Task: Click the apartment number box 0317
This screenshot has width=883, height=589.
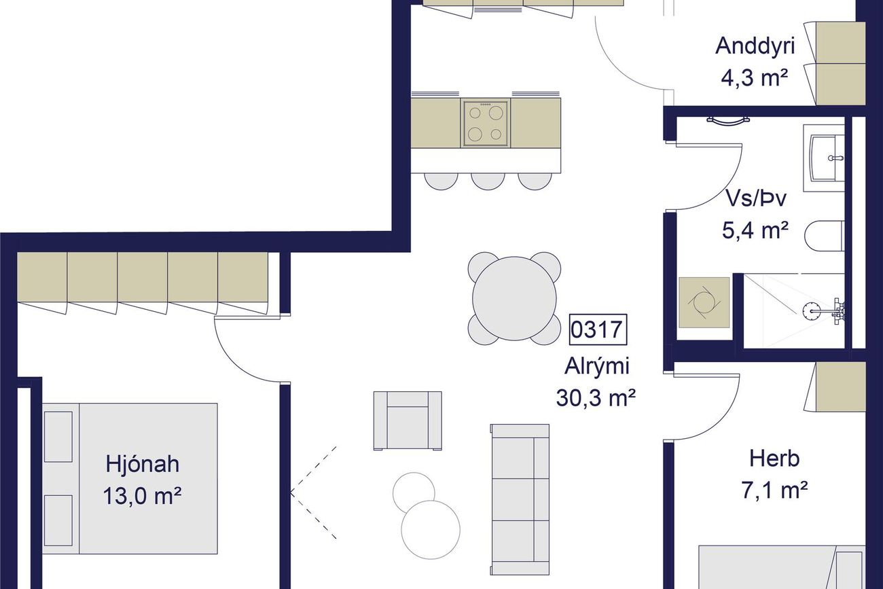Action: point(598,329)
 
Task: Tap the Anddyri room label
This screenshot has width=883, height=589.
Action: point(755,46)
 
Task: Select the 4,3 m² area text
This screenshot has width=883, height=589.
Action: point(755,77)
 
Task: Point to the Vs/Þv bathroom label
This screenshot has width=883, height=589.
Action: point(756,198)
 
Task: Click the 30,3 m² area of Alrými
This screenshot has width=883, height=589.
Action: point(596,398)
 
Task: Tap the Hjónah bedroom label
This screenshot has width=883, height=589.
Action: point(143,464)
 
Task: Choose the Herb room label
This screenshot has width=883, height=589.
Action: point(774,459)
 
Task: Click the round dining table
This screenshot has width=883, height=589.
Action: point(514,298)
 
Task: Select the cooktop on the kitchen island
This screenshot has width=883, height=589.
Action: point(485,123)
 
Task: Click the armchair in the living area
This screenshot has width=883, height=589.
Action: point(408,421)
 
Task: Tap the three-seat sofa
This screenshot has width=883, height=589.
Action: point(520,499)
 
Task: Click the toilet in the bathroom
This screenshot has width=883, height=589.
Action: point(824,236)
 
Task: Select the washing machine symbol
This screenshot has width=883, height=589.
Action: point(704,302)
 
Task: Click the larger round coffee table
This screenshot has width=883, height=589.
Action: point(431,529)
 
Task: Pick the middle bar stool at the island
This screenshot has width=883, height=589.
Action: point(488,181)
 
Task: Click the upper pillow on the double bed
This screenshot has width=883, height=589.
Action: point(58,436)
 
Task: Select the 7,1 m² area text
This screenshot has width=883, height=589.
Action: point(774,490)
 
